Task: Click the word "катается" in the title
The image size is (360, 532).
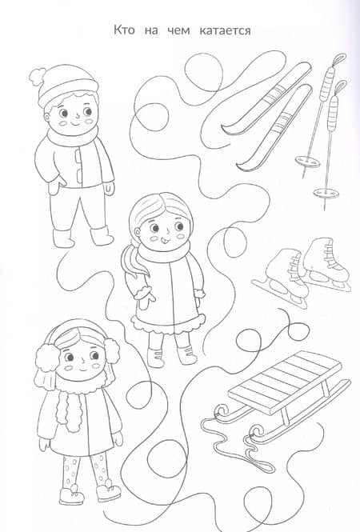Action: [x=225, y=30]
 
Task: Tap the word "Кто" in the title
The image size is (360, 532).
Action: [x=123, y=30]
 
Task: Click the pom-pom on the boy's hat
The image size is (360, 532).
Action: [x=38, y=76]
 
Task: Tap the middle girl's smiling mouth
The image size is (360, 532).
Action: [x=166, y=241]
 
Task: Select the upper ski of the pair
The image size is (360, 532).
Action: [x=266, y=98]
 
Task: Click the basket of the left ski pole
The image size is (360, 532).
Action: [x=308, y=161]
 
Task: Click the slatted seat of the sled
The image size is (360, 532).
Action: [x=285, y=382]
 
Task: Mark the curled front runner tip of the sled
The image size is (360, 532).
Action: [x=221, y=411]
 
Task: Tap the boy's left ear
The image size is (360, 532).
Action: [x=47, y=118]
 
